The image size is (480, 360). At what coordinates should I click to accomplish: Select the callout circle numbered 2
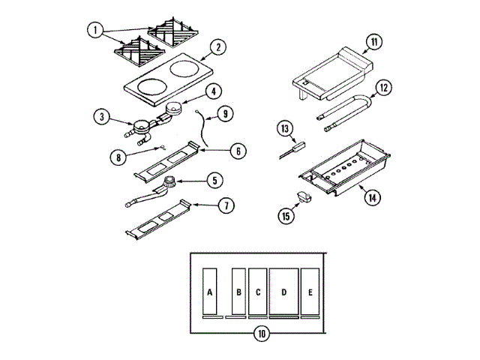coord(217,47)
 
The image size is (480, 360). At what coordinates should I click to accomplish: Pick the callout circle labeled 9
coord(225,115)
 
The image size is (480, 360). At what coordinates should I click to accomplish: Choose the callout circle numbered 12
coord(383,87)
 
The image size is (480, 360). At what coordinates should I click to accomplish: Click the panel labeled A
coord(210,290)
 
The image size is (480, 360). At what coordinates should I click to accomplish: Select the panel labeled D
coord(283,290)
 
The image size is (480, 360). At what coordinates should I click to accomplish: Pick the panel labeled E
coord(310,290)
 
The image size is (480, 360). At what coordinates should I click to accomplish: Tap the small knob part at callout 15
coord(303,196)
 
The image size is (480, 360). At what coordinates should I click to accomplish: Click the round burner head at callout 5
coord(171,180)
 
